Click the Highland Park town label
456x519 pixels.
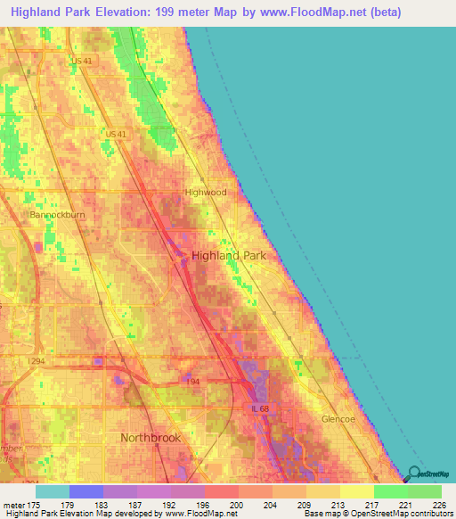pos(228,255)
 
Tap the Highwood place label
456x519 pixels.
pos(206,192)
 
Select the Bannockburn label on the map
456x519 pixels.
pos(55,215)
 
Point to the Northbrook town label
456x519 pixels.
pos(151,438)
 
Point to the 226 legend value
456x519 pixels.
pos(436,506)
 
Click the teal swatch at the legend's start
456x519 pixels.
pos(53,491)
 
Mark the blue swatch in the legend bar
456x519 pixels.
pos(86,491)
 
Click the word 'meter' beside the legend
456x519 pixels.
pos(15,506)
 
